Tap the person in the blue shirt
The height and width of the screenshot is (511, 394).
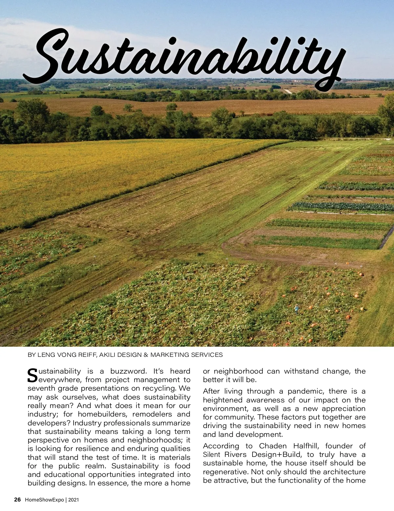tap(297, 309)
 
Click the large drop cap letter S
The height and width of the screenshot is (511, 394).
tap(33, 376)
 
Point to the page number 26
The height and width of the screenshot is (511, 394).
tap(17, 500)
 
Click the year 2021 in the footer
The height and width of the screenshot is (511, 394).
tap(74, 500)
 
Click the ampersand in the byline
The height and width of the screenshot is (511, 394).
tap(146, 355)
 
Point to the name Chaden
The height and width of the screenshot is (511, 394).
tap(273, 446)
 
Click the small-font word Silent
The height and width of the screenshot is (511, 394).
tap(212, 455)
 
